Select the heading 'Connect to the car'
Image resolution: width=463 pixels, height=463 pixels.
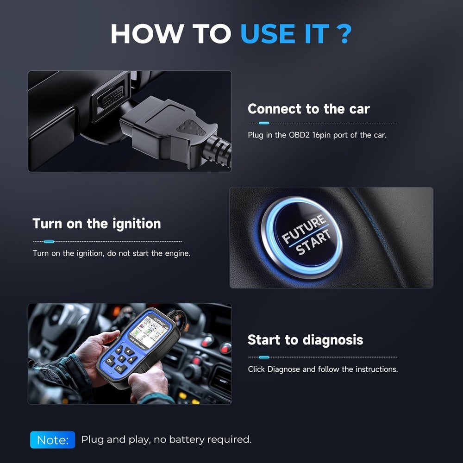(308, 109)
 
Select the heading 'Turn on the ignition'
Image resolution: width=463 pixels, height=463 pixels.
(97, 224)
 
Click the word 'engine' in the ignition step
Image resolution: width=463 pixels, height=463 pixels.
(176, 253)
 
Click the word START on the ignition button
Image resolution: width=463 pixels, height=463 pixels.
(313, 243)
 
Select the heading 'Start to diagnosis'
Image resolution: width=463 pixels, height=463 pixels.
(305, 340)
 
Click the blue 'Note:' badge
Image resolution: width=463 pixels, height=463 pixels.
(52, 440)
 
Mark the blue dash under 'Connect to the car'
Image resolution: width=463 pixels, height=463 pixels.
(264, 123)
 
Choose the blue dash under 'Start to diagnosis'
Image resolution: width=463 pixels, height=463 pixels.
(264, 357)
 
